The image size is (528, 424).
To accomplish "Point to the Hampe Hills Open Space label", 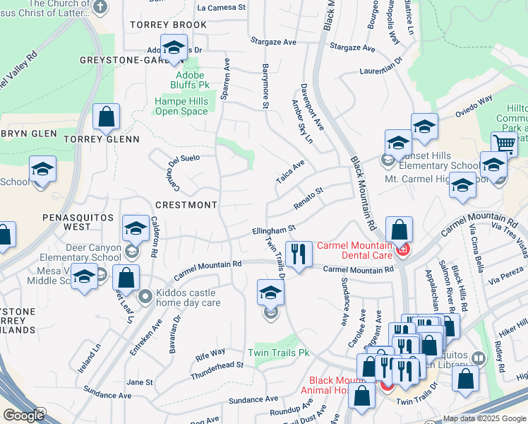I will (181, 106).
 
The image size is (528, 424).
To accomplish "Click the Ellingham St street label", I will (273, 230).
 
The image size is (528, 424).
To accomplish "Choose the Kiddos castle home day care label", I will (188, 298).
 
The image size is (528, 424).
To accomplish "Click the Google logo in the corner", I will (23, 416).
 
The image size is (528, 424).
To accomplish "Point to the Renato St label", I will (308, 197).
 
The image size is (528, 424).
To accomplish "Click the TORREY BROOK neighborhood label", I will (169, 25).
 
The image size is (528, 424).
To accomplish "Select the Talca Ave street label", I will (290, 172).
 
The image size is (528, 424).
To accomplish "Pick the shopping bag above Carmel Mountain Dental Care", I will (399, 230).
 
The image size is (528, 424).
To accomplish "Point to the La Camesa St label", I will (221, 8).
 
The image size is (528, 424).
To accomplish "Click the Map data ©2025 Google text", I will (484, 418).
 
